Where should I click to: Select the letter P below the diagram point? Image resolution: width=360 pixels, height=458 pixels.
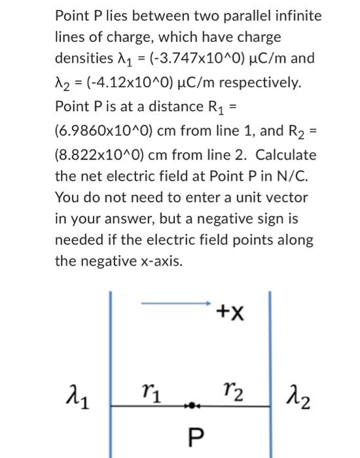tap(192, 434)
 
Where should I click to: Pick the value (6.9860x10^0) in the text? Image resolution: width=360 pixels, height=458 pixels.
tap(106, 131)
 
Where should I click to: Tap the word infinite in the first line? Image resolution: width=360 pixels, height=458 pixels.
tap(297, 15)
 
